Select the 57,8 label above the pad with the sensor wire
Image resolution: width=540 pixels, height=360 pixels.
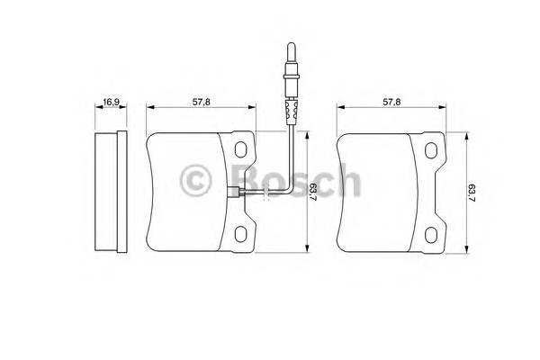(x=202, y=103)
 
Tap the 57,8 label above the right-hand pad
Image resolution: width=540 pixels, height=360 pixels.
(x=391, y=103)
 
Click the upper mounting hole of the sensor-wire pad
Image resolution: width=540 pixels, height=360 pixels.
(x=243, y=149)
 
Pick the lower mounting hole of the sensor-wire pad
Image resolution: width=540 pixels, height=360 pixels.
(x=243, y=234)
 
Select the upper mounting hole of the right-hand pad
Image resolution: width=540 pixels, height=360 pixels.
(x=433, y=149)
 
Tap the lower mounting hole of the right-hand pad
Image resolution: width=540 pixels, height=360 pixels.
(x=433, y=234)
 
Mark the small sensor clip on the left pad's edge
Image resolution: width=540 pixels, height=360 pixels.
(x=235, y=191)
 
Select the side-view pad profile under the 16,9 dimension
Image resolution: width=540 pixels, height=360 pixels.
(x=109, y=192)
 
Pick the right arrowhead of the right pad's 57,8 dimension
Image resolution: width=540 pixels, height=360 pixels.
(x=445, y=106)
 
